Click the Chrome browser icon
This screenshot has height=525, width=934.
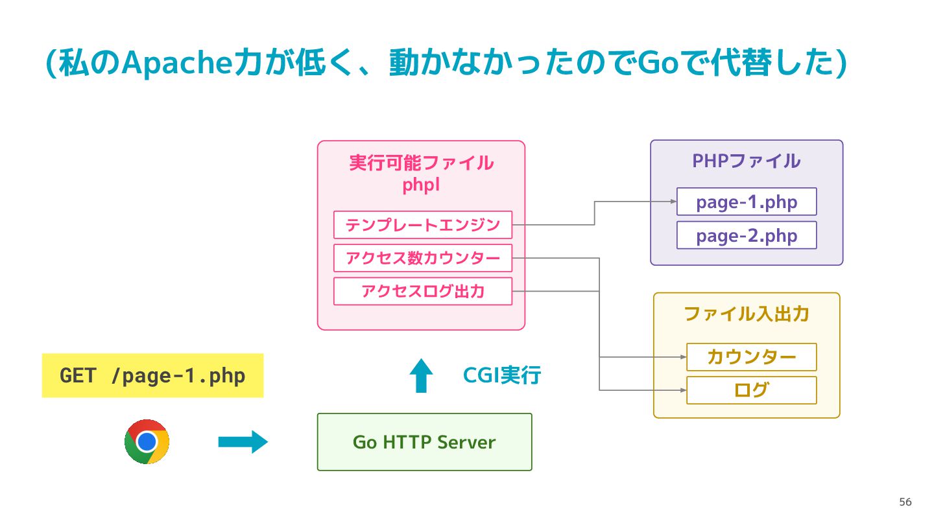point(147,441)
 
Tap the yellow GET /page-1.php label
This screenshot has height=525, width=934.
point(152,375)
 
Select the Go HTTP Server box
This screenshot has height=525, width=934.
point(424,442)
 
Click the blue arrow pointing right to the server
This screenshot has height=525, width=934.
point(243,442)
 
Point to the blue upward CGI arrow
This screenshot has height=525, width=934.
point(421,375)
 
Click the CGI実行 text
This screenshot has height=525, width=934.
point(502,375)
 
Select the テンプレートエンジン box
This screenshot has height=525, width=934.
point(423,225)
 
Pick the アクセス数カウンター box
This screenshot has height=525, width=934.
point(423,259)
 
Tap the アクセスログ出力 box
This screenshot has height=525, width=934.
point(423,291)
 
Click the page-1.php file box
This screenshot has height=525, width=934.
point(747,202)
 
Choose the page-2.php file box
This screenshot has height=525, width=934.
point(747,235)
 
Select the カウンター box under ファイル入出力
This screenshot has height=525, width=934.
point(751,357)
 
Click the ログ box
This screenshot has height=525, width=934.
point(751,390)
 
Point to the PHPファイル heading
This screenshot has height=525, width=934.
point(747,161)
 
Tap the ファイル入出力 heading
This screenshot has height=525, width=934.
point(747,314)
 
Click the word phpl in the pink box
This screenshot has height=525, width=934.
point(421,185)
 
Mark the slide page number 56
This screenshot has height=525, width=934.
point(905,502)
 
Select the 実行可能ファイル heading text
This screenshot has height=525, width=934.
point(421,163)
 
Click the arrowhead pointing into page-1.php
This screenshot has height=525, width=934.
point(673,202)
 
